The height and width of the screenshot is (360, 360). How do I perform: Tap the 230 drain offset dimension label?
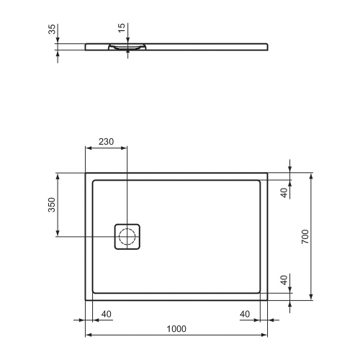pyautogui.click(x=107, y=141)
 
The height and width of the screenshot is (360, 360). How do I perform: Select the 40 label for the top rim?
pyautogui.click(x=284, y=192)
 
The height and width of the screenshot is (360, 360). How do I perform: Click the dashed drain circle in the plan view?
pyautogui.click(x=127, y=236)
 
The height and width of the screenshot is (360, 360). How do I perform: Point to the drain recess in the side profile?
pyautogui.click(x=127, y=48)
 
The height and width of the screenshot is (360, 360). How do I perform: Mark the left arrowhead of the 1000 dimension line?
pyautogui.click(x=89, y=335)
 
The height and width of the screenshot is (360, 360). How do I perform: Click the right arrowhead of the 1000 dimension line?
pyautogui.click(x=265, y=335)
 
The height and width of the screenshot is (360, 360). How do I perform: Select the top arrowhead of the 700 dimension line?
pyautogui.click(x=311, y=176)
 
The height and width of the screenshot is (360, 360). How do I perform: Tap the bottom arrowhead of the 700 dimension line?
pyautogui.click(x=311, y=296)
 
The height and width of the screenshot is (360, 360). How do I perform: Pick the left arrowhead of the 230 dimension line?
pyautogui.click(x=89, y=148)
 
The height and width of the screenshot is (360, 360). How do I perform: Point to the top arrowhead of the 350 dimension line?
pyautogui.click(x=58, y=176)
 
